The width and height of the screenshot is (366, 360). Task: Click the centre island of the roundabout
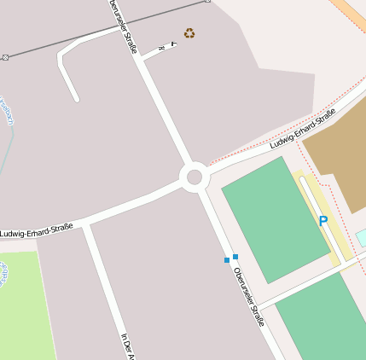tap(195, 177)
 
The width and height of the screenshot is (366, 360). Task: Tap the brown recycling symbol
tap(189, 33)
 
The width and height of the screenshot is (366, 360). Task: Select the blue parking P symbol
tap(323, 221)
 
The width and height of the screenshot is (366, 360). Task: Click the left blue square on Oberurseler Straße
tap(227, 259)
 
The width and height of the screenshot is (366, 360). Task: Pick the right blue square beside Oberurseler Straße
tap(235, 256)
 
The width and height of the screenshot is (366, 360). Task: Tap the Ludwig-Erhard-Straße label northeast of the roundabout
tap(302, 129)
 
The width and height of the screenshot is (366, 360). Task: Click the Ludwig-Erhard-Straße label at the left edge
tap(36, 230)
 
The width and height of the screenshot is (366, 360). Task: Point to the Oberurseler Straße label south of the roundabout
tap(248, 297)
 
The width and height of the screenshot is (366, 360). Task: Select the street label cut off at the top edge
tap(123, 26)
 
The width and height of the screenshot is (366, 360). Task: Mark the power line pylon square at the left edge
tap(6, 57)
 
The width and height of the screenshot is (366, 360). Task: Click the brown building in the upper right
tap(337, 158)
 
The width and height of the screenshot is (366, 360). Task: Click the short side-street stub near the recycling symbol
tap(158, 51)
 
